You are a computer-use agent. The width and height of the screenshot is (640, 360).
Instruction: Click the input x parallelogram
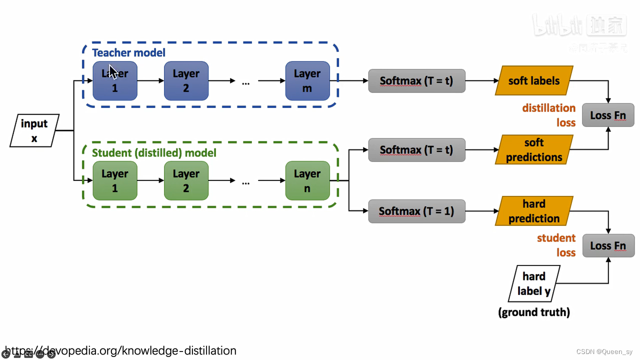tap(34, 130)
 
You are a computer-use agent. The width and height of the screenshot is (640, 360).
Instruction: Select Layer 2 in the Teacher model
tap(186, 80)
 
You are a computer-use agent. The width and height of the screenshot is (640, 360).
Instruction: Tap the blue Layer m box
tap(307, 80)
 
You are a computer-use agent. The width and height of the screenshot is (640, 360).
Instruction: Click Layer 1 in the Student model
tap(115, 180)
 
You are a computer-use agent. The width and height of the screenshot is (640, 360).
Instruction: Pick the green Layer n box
tap(307, 180)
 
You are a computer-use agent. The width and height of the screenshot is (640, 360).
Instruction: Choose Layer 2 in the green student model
tap(186, 180)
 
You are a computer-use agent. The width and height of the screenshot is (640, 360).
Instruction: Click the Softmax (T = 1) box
tap(416, 211)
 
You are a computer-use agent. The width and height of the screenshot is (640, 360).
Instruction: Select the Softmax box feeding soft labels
tap(416, 80)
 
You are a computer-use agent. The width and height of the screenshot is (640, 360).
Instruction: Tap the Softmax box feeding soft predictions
tap(416, 149)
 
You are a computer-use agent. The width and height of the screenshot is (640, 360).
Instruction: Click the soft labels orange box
tap(534, 80)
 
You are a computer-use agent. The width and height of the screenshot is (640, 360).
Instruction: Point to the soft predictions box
tap(534, 149)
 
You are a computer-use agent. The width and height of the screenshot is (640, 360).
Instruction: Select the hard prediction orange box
tap(534, 211)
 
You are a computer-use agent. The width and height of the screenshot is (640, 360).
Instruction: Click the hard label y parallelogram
tap(534, 283)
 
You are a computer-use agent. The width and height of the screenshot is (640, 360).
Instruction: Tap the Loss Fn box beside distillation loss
tap(608, 115)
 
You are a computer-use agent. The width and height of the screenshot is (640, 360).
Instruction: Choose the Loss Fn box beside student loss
tap(608, 245)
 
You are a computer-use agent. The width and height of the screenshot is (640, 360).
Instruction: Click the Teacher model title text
tap(128, 52)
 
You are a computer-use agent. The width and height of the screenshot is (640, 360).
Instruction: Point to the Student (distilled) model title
tap(154, 152)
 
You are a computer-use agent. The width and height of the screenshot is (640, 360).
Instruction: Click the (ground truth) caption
tap(534, 312)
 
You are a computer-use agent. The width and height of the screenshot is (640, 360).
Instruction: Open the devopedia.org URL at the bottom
tap(120, 350)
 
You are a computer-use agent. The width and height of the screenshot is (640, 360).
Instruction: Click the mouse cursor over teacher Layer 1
tap(113, 72)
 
